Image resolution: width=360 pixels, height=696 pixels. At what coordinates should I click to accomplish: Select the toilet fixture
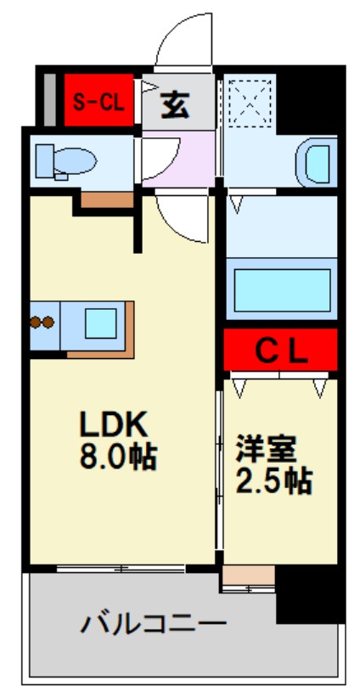[68, 160]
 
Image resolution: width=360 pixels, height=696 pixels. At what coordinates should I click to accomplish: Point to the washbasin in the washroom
[317, 161]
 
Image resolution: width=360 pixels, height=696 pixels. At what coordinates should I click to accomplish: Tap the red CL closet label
[279, 349]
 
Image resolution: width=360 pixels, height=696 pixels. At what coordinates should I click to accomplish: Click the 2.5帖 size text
[273, 481]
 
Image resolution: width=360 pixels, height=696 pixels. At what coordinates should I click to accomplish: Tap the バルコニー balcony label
[154, 626]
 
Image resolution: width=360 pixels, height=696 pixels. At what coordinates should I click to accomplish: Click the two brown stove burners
[42, 323]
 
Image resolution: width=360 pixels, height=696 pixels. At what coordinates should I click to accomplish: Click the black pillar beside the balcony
[310, 594]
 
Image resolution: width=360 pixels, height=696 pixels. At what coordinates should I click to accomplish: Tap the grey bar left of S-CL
[50, 101]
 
